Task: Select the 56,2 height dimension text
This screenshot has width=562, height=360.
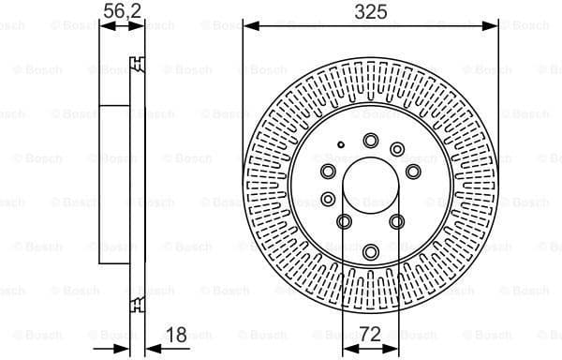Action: click(116, 11)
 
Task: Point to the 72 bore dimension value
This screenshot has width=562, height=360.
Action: click(370, 333)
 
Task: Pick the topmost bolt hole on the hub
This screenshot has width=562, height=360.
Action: click(370, 141)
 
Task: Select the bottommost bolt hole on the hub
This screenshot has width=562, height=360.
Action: click(371, 251)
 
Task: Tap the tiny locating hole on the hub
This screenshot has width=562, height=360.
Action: click(341, 144)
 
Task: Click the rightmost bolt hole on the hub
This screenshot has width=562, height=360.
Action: click(413, 171)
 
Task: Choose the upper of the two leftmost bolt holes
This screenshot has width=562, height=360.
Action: click(328, 171)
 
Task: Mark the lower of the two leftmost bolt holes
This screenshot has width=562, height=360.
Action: click(328, 199)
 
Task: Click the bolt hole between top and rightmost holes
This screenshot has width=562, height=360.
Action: click(397, 149)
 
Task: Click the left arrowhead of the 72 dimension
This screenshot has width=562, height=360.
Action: click(348, 349)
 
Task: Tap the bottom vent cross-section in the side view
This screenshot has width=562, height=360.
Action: click(139, 302)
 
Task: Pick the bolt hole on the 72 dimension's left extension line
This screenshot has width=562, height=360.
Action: click(344, 221)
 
